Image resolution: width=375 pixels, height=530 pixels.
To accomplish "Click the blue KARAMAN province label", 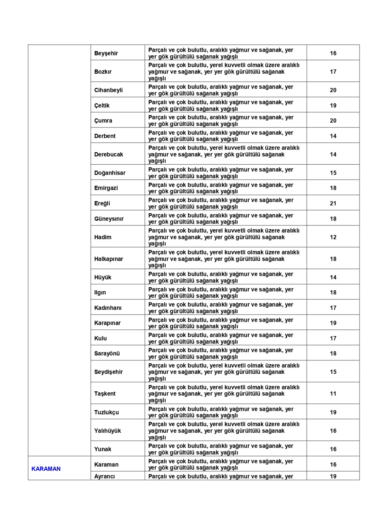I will [x=46, y=469].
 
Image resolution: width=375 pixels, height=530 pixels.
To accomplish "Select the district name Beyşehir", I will [x=106, y=53].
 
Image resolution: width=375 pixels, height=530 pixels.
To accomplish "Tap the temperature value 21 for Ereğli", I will [x=333, y=203].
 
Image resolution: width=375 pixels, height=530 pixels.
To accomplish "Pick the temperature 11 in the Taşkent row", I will [x=333, y=394].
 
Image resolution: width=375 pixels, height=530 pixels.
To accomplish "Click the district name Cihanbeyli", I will [x=108, y=90].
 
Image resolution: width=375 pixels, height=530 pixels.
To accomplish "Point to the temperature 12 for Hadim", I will [x=333, y=237].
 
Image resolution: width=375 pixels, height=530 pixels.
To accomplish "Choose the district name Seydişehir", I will [x=108, y=372].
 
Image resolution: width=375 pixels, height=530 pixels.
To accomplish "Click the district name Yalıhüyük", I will [x=108, y=431].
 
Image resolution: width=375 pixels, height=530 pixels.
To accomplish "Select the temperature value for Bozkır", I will [x=333, y=72].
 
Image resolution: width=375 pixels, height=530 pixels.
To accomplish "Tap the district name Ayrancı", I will [x=105, y=476].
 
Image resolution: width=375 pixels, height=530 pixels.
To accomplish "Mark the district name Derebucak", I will [x=109, y=154].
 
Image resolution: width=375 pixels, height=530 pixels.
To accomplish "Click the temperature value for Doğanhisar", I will [x=333, y=173].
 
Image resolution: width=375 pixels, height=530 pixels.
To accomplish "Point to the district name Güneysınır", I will [x=109, y=219].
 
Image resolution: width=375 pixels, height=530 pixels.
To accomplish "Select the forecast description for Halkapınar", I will [x=224, y=259].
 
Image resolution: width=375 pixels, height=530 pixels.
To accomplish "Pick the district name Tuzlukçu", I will [x=107, y=412].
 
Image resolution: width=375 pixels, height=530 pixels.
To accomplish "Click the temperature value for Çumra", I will [x=333, y=121].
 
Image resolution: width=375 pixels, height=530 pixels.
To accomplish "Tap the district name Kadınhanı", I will [x=108, y=308].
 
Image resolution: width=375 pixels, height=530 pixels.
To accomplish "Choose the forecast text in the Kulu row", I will [x=221, y=338].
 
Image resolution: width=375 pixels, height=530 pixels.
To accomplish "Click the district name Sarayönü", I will [x=107, y=353].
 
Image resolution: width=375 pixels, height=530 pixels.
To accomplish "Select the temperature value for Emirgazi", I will [x=333, y=188].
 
